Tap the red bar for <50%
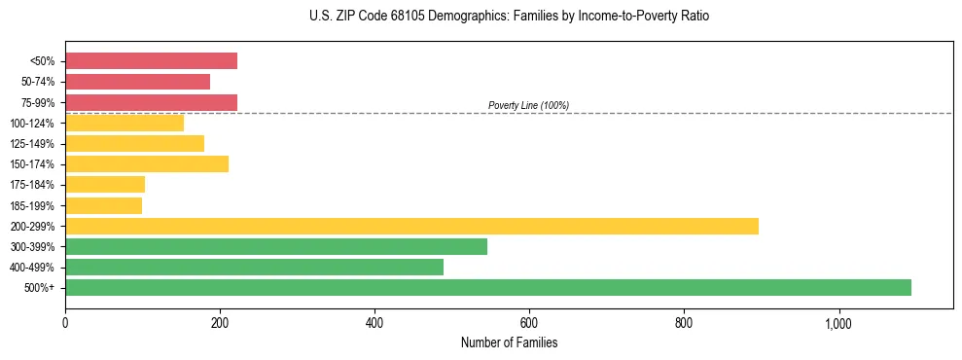(x=151, y=60)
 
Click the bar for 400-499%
(x=254, y=267)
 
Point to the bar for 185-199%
(x=103, y=205)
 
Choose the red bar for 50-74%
(x=137, y=82)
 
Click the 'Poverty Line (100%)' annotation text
(x=528, y=105)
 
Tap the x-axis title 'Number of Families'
(x=509, y=343)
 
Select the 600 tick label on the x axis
(x=529, y=323)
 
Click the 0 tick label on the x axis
(x=65, y=323)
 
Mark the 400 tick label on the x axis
(x=374, y=323)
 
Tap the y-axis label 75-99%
(x=38, y=103)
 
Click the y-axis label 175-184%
(x=34, y=185)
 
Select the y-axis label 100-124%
(x=34, y=124)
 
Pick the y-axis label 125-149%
(x=34, y=144)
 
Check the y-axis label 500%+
(x=41, y=288)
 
